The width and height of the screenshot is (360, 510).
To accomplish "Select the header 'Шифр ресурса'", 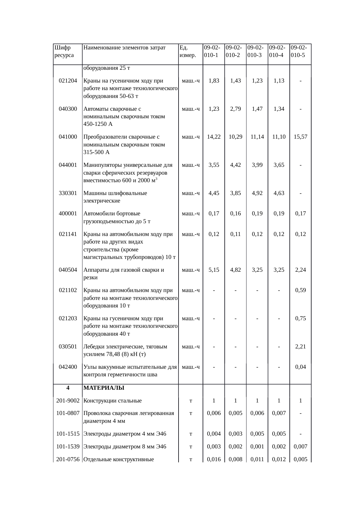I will (64, 51).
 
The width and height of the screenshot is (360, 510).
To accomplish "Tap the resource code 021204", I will (68, 81).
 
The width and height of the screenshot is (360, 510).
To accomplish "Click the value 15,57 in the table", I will (300, 137).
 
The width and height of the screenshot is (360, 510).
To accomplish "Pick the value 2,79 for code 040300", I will (235, 109).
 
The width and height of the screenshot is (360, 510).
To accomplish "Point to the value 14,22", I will (214, 137).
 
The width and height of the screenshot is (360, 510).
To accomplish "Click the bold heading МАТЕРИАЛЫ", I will (104, 388).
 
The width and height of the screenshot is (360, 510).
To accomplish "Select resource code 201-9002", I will (68, 401).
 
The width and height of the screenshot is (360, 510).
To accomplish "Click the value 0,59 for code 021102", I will (300, 290).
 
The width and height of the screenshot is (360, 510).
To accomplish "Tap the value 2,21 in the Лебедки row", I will (300, 347).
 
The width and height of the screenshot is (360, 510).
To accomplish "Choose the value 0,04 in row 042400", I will (300, 367).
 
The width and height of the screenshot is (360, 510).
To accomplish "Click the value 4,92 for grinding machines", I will (257, 193).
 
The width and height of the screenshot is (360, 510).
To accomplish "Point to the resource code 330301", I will (68, 193).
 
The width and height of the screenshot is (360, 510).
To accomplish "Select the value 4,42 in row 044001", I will (235, 165).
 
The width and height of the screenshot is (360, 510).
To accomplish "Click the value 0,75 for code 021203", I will (300, 318).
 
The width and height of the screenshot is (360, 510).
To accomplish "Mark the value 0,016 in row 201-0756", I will (214, 459).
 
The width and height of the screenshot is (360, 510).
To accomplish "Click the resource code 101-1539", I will (68, 447).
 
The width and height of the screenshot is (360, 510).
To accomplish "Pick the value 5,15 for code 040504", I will (214, 270).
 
